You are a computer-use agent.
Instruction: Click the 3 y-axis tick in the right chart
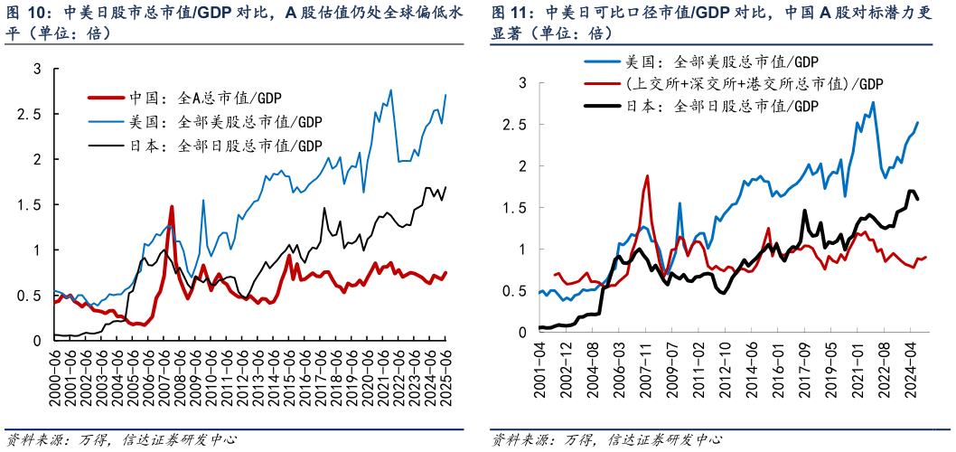(522, 83)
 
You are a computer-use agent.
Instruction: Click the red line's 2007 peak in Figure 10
(172, 206)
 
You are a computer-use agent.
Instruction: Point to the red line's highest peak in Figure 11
(647, 176)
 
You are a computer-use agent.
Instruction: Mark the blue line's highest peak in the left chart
(390, 89)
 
